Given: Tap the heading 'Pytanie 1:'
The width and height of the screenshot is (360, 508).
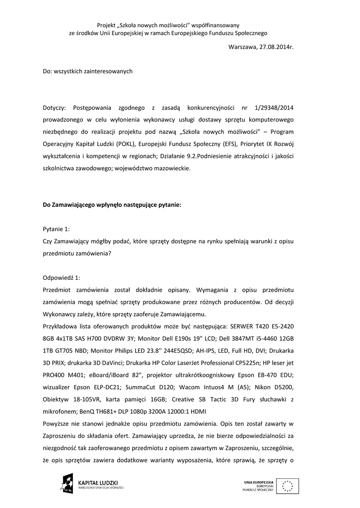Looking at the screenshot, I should [x=57, y=229].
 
